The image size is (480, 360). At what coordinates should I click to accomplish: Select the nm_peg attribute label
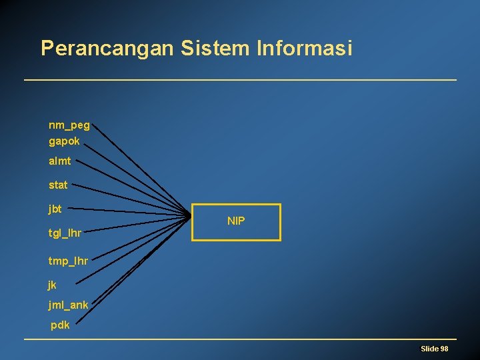coord(69,125)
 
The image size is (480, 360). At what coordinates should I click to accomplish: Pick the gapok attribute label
coord(64,141)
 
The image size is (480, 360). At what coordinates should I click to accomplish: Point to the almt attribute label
coord(60,161)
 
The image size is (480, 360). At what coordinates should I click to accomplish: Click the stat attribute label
coord(58,185)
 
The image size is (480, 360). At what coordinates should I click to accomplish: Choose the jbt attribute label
coord(55,209)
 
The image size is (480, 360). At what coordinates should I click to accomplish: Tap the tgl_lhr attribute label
coord(65,233)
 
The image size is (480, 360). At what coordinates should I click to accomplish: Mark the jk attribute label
coord(53,285)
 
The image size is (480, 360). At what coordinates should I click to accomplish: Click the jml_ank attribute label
coord(68,305)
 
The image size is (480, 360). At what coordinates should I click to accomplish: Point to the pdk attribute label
coord(60,325)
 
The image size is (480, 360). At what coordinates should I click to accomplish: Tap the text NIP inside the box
coord(236,221)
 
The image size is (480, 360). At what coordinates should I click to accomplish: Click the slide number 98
coord(444,349)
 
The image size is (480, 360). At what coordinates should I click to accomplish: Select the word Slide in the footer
coord(429,349)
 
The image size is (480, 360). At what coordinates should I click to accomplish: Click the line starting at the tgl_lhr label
coord(133,225)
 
